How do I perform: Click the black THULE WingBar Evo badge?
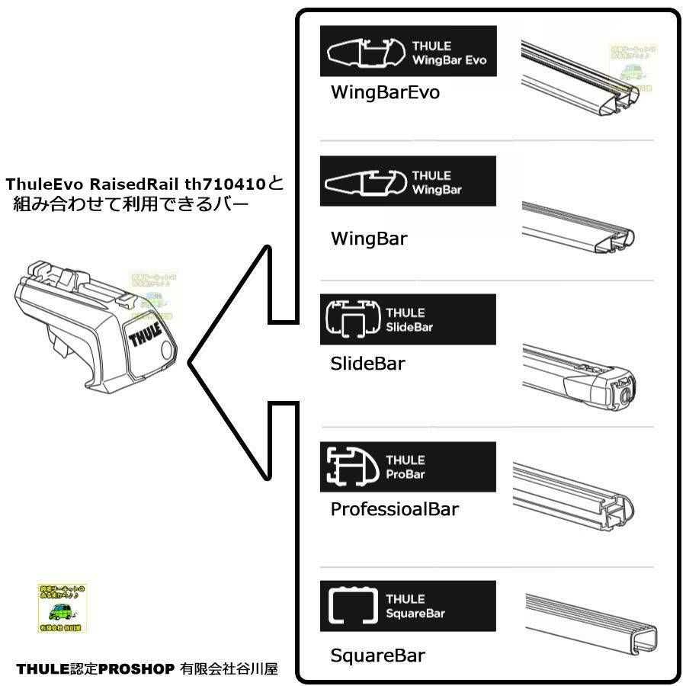[x=408, y=51]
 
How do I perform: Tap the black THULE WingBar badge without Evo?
[x=408, y=181]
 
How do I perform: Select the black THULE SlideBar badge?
[x=408, y=319]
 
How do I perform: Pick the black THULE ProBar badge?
[x=408, y=466]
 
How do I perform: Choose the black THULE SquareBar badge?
[x=408, y=606]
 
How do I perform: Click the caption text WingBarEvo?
[x=385, y=92]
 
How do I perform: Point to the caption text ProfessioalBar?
[x=395, y=508]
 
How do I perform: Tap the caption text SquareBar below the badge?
[x=378, y=655]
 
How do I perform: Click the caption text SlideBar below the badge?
[x=368, y=363]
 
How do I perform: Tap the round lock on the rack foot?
[x=169, y=349]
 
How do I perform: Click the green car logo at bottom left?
[x=63, y=608]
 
